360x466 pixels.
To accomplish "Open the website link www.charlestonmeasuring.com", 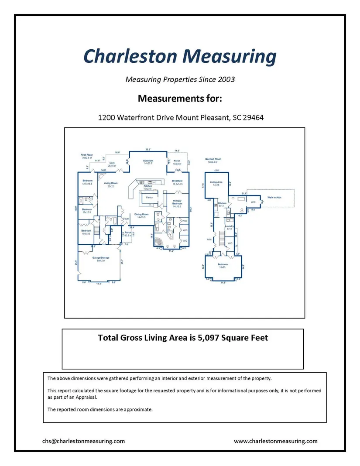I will tap(276, 441).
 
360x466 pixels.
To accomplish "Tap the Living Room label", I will tap(111, 184).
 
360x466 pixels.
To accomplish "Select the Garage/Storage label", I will tap(100, 258).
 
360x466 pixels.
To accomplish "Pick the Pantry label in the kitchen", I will tap(149, 198).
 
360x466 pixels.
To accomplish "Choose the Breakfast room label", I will tap(177, 181).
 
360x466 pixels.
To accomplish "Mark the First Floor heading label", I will tap(87, 155).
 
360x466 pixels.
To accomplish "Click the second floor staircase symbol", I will tap(221, 239).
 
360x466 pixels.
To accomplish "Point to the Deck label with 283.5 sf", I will tap(112, 163).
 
